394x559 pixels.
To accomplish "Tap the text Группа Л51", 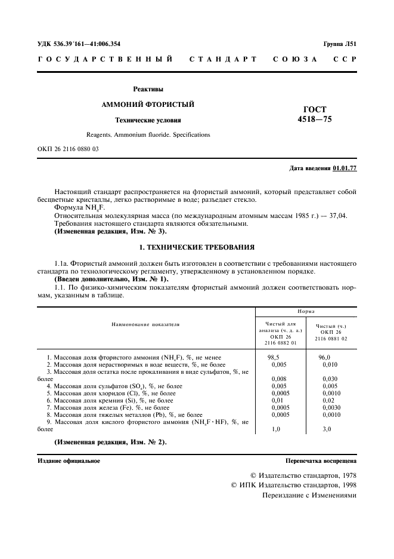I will pyautogui.click(x=340, y=44).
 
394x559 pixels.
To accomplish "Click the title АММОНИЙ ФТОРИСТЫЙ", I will pyautogui.click(x=148, y=105).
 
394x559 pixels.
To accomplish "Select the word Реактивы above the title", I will pyautogui.click(x=148, y=89).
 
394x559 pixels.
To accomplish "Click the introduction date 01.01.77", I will pyautogui.click(x=345, y=168).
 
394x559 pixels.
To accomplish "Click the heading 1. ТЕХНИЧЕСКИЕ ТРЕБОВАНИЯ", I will pyautogui.click(x=197, y=247).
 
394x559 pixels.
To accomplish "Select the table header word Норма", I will pyautogui.click(x=307, y=312).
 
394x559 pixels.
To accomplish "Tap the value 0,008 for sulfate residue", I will pyautogui.click(x=278, y=379).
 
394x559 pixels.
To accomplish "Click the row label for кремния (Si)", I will pyautogui.click(x=110, y=400).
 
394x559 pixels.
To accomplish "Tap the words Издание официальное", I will pyautogui.click(x=69, y=461).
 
